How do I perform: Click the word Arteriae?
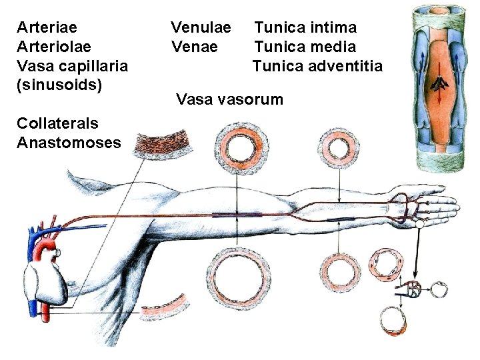click(47, 27)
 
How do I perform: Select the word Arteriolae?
click(54, 47)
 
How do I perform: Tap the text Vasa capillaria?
click(72, 66)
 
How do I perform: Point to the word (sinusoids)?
click(59, 85)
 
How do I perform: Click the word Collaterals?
click(57, 123)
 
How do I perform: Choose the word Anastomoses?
click(69, 143)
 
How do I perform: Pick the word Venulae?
click(201, 27)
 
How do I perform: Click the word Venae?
click(194, 47)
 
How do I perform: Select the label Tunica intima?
click(305, 27)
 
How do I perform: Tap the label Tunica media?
click(305, 47)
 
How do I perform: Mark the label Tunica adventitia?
click(317, 66)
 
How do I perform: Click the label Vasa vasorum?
click(229, 100)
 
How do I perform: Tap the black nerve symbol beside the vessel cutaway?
click(439, 83)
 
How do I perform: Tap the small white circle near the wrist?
click(419, 226)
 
